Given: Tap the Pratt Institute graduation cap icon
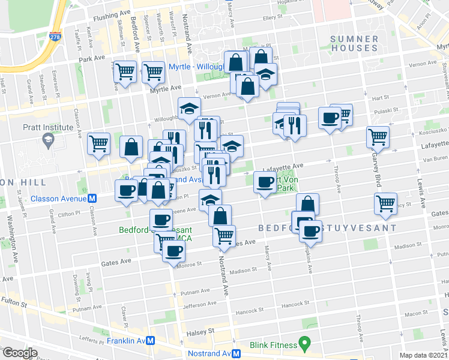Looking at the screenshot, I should [x=46, y=140].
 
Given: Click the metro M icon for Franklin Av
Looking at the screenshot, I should [x=152, y=340].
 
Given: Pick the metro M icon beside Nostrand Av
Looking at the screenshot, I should [x=238, y=353].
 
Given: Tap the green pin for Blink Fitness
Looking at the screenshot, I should [x=304, y=344].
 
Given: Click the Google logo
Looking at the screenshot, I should [x=20, y=353].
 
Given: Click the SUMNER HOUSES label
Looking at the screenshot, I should [x=355, y=44].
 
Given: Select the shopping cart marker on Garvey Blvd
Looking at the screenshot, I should [x=378, y=137].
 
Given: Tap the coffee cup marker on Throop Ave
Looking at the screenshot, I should [x=328, y=118].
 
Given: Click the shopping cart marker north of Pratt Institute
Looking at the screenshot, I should [x=98, y=143].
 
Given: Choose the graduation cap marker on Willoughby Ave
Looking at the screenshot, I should [x=189, y=109].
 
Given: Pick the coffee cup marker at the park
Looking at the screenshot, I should [x=264, y=182].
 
